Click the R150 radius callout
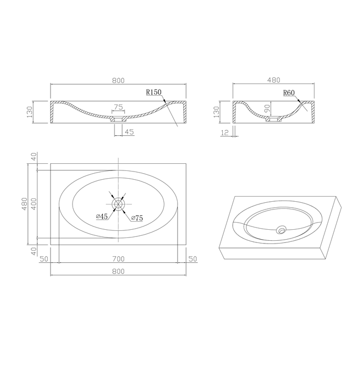coord(153,92)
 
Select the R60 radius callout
coord(289,93)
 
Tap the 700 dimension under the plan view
coord(118,258)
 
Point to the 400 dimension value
coord(34,204)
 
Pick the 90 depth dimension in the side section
coord(267,108)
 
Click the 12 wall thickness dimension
coord(224,132)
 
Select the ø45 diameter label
coord(102,217)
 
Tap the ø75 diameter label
coord(137,218)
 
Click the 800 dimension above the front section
coord(118,80)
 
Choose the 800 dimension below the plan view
coord(118,271)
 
